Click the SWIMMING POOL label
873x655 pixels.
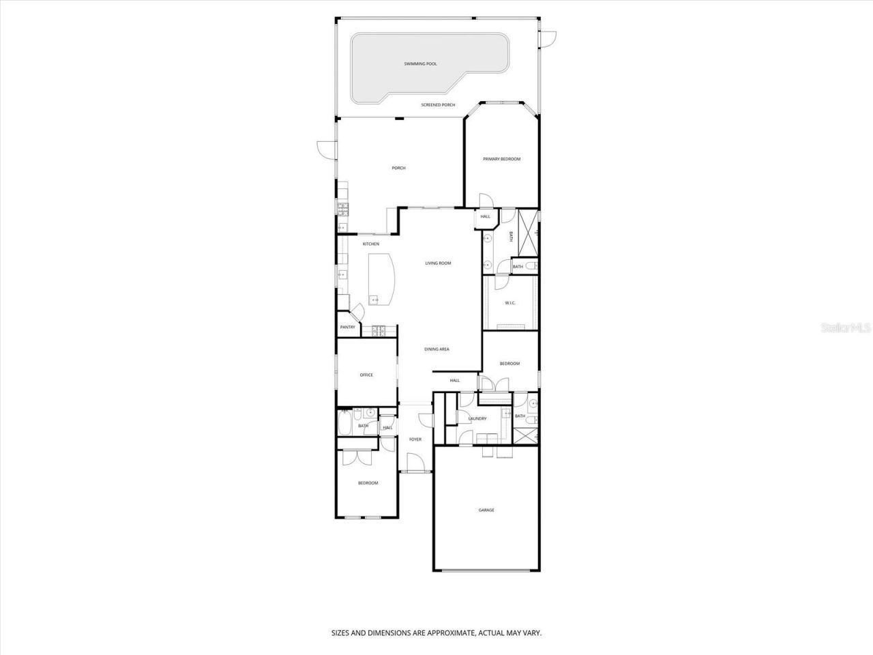420,63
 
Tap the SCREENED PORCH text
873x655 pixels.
438,105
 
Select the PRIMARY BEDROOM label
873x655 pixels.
501,159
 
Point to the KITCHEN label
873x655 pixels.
370,244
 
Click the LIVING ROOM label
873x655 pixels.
438,263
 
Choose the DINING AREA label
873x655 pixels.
436,349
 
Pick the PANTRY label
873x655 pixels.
348,327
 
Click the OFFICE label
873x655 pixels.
366,375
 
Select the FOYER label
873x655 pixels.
415,439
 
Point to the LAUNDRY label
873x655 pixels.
477,419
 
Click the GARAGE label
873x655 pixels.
486,510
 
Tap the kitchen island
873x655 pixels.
381,280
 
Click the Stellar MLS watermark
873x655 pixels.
846,328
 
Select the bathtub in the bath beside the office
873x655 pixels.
344,423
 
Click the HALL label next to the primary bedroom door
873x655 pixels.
485,217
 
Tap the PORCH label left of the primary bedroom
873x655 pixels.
398,168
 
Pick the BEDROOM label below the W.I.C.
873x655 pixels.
509,364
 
